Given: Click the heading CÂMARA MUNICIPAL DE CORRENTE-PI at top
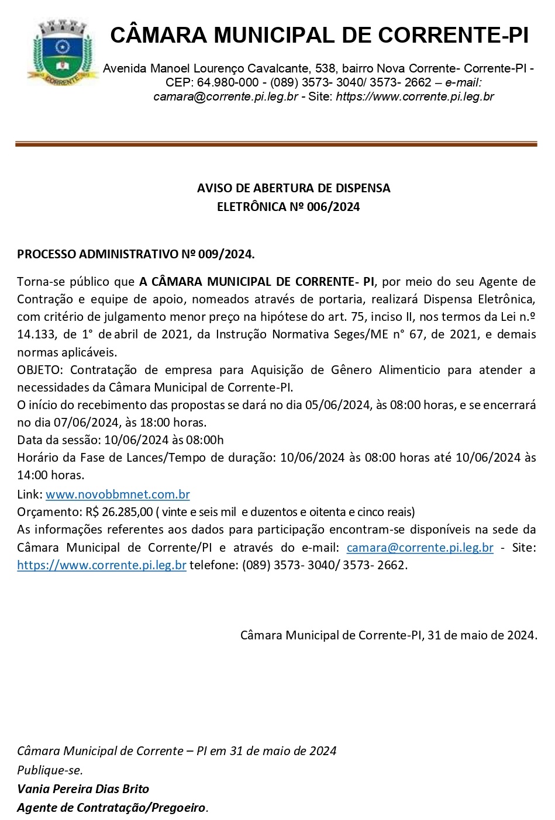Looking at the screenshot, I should click(x=319, y=36).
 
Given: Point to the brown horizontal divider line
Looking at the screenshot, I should click(x=276, y=144).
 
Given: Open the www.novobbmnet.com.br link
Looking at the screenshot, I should click(x=118, y=494).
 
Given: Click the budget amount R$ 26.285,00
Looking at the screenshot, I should click(x=115, y=512).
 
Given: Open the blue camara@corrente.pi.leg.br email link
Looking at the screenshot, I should click(x=420, y=548).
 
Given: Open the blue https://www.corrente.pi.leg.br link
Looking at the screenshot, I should click(x=102, y=565).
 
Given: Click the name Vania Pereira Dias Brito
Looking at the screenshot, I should click(x=83, y=789).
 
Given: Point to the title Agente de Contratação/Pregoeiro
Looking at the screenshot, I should click(x=112, y=808).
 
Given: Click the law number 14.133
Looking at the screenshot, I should click(x=36, y=335).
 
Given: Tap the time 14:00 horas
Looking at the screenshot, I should click(x=50, y=475).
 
